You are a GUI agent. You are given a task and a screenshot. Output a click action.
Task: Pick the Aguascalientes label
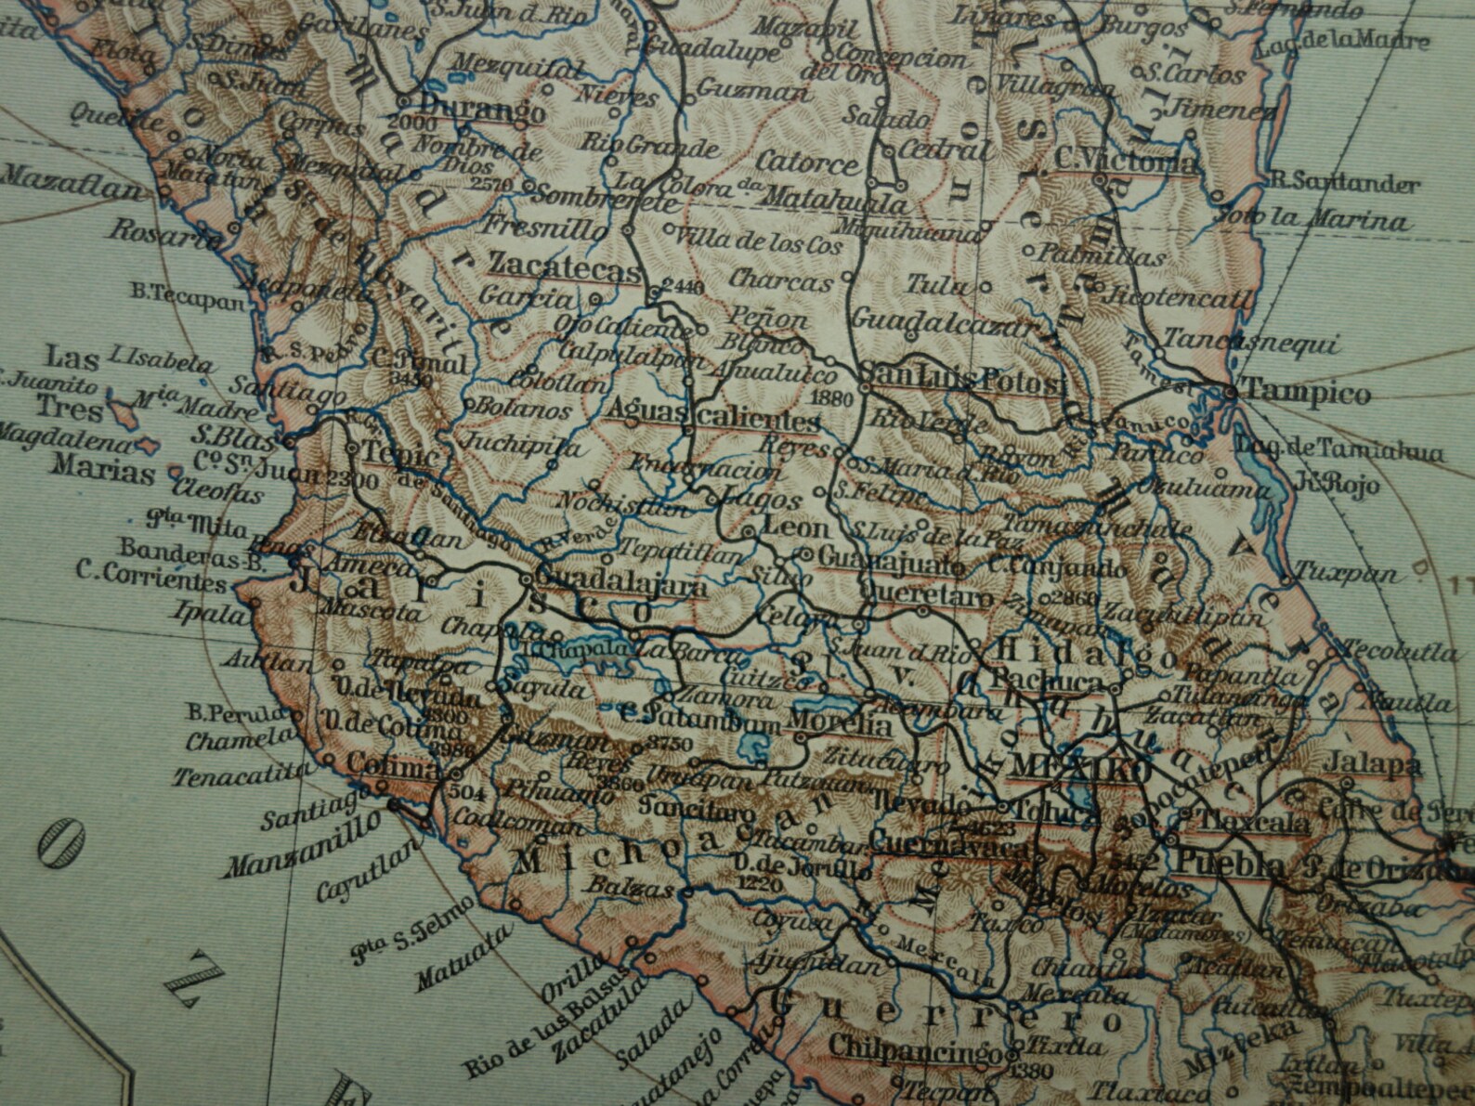point(713,416)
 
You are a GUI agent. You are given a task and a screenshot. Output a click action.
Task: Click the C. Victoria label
point(1127,162)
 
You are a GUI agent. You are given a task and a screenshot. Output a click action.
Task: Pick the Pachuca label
point(1044,681)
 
